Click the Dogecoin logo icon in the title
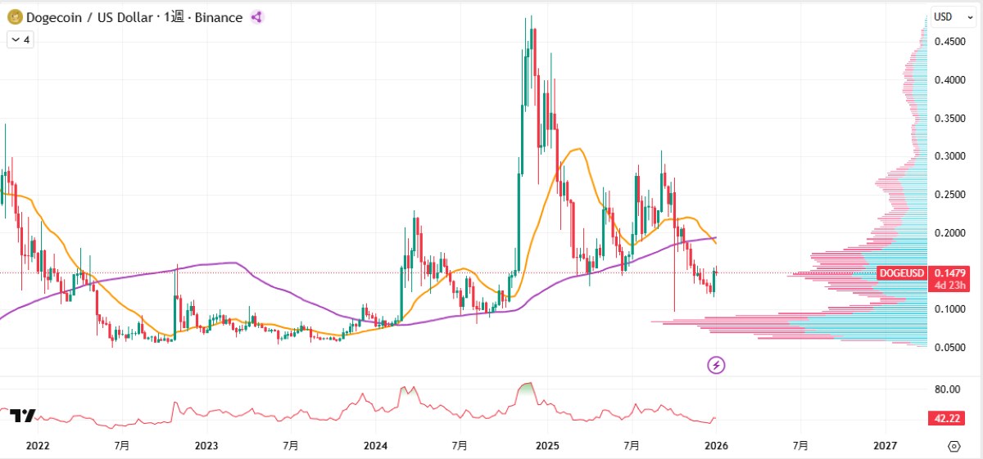[14, 17]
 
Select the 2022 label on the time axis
[37, 446]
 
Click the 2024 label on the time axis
[375, 446]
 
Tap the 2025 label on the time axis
[546, 446]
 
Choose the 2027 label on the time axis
[885, 446]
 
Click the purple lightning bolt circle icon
[717, 365]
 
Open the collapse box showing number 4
[20, 39]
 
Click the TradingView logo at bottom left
[22, 416]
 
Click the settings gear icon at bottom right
[954, 446]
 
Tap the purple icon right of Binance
[256, 17]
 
